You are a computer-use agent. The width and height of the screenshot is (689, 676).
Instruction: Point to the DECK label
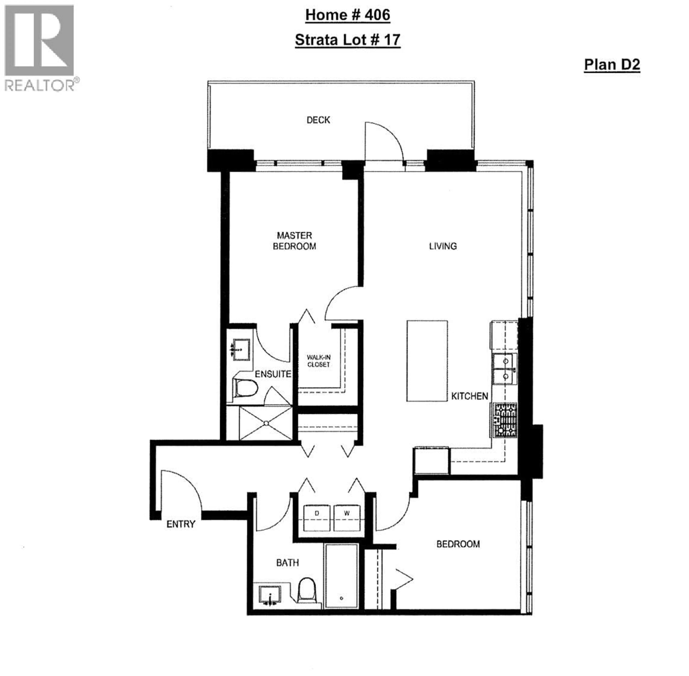318,120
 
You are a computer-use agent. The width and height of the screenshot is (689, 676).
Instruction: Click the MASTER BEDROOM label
294,241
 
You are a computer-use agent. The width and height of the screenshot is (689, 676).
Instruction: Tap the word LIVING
443,246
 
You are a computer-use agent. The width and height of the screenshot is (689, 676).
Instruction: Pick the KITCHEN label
469,396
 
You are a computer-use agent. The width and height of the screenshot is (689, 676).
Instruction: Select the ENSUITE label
273,374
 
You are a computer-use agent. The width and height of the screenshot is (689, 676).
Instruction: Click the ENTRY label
181,524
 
